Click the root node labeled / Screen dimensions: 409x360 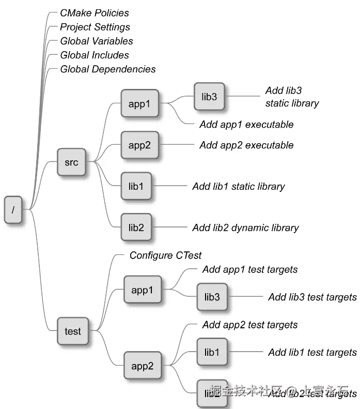pos(13,209)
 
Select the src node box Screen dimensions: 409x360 pos(71,162)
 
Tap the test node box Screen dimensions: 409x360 pos(72,331)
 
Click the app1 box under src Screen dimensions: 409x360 pos(139,104)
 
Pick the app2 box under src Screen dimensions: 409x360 pos(139,145)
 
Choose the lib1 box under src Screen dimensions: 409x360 pos(136,186)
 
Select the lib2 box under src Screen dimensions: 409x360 pos(136,228)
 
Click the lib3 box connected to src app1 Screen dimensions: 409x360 pos(209,96)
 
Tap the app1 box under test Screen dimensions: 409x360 pos(142,290)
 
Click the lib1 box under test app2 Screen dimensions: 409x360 pos(212,352)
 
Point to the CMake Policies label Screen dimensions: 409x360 pos(95,13)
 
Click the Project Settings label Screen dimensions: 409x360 pos(95,27)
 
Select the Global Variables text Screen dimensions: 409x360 pos(97,41)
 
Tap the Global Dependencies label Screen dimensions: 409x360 pos(108,69)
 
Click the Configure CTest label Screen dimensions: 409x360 pos(165,255)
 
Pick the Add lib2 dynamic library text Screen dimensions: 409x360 pos(245,228)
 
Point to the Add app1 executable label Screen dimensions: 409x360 pos(246,125)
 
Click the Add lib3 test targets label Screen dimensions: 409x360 pos(312,297)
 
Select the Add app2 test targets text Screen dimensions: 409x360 pos(250,325)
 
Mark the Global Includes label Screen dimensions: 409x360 pos(95,55)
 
